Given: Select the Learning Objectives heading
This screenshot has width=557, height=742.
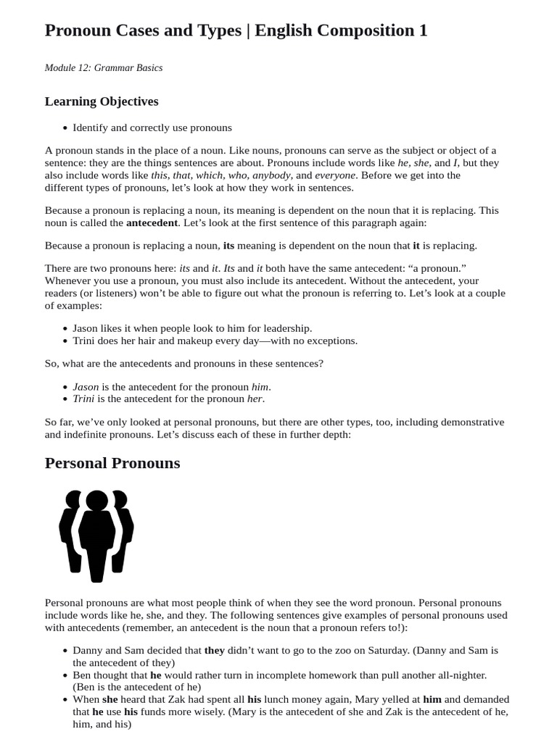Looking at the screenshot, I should point(102,101).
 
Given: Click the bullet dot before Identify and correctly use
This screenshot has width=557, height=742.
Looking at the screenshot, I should point(65,128).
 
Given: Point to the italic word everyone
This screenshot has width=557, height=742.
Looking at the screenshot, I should point(336,175).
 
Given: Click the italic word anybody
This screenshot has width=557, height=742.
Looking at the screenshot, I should point(271,175).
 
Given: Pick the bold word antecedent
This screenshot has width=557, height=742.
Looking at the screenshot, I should point(152,222).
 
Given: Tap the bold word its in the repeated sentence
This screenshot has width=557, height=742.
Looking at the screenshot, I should point(228,246).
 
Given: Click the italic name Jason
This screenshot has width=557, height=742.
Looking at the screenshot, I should point(86,387).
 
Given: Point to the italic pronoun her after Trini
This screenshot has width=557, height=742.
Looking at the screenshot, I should point(255,399).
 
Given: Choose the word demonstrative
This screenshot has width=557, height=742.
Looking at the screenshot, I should point(463,422).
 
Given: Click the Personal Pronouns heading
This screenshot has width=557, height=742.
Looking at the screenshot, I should point(112,463).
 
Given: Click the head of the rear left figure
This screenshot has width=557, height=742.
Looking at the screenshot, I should point(74,499).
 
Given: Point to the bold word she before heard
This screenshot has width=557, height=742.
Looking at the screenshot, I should point(110,699).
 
